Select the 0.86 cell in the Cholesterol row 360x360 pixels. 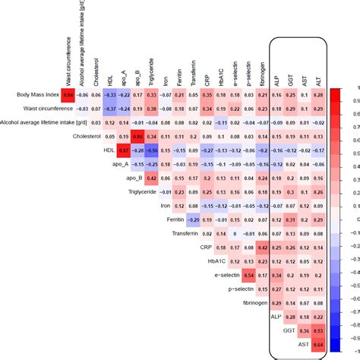coord(137,137)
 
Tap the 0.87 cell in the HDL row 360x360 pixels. coord(124,150)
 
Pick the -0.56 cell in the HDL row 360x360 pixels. coord(151,150)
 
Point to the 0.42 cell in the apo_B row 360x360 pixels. coord(151,178)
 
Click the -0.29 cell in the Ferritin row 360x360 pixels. coord(193,220)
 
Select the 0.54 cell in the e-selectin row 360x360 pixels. coord(248,275)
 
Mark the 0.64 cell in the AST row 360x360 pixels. coord(317,345)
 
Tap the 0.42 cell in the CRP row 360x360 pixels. coord(262,248)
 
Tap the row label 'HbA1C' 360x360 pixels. coord(216,261)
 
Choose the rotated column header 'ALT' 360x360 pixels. coord(317,76)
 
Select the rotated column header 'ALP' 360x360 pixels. coord(276,76)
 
